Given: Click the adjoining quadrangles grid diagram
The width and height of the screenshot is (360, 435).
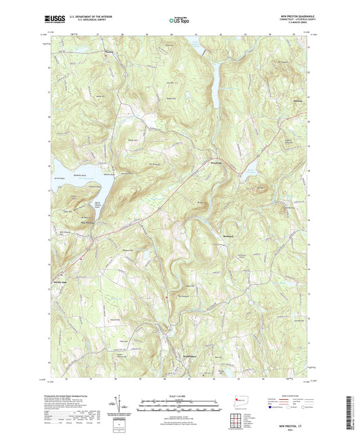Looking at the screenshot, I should tap(238, 419).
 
